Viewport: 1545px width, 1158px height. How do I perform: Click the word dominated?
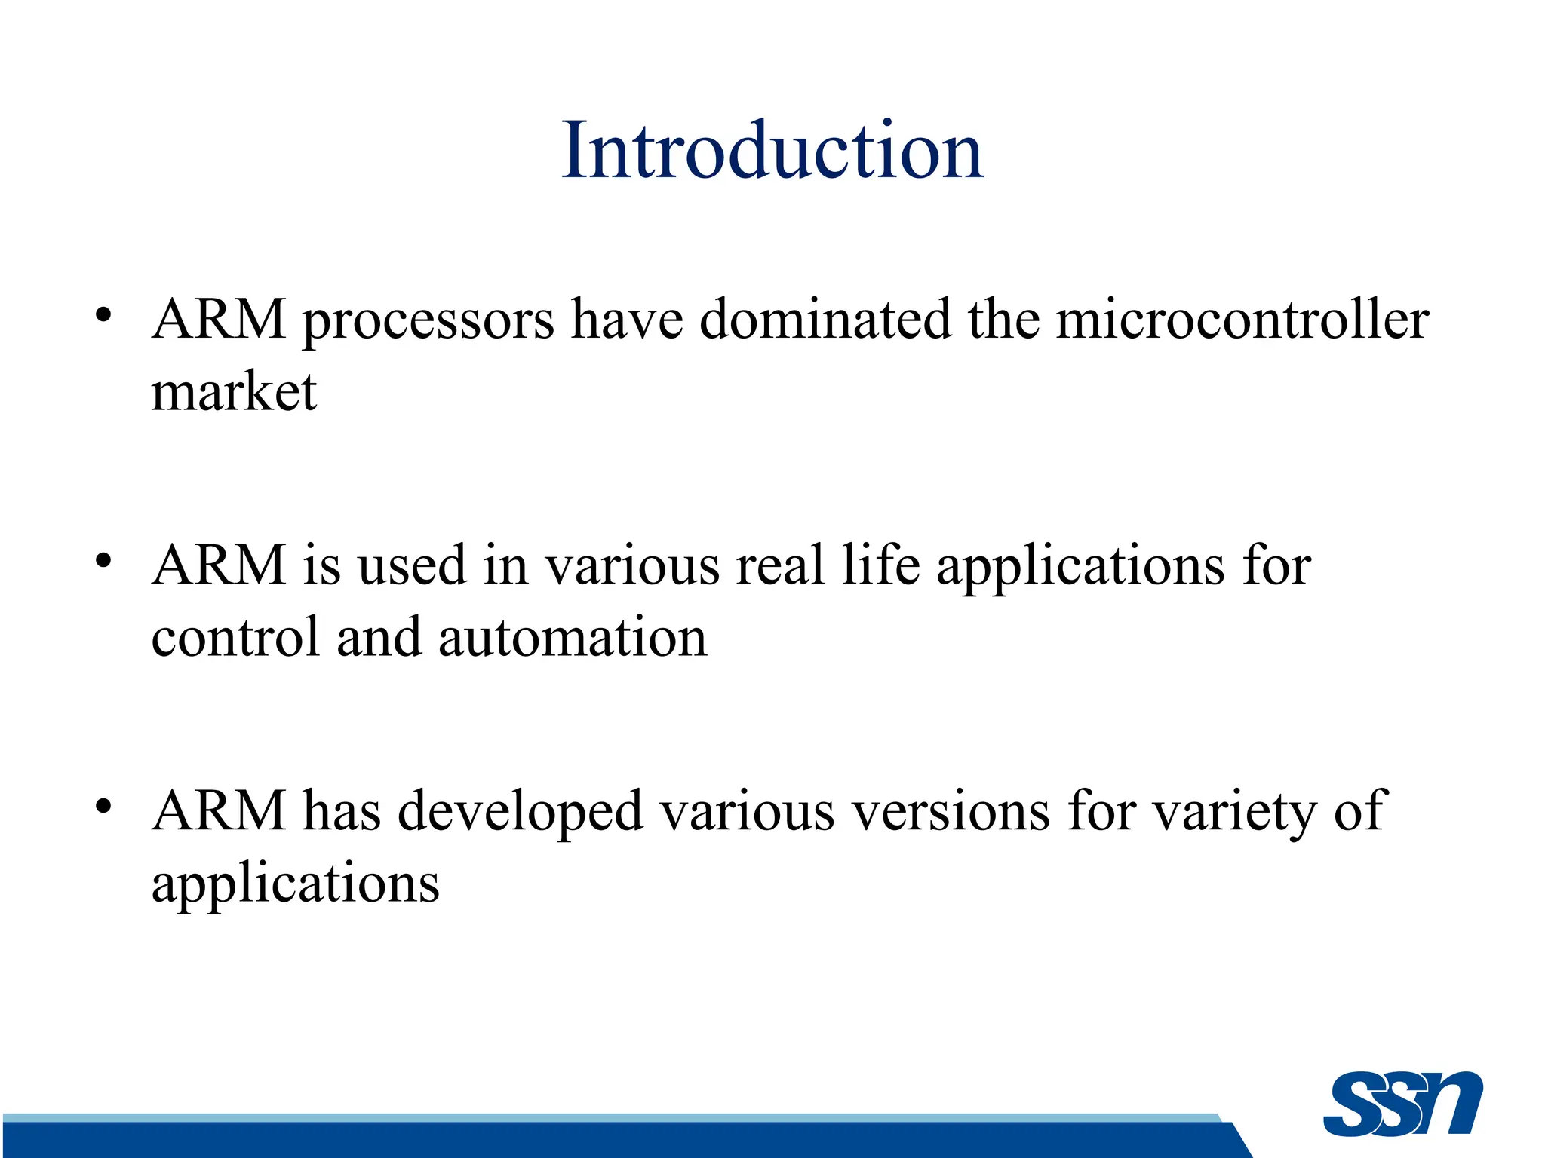pos(825,319)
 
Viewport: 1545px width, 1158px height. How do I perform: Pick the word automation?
pos(573,638)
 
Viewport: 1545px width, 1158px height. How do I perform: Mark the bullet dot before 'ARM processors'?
pos(104,314)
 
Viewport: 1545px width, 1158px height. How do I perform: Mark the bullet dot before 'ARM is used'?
pos(104,560)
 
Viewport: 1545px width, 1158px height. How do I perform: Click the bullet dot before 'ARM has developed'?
pos(104,806)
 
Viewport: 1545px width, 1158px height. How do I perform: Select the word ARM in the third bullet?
pos(219,811)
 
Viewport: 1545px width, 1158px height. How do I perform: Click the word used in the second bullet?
pos(412,565)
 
